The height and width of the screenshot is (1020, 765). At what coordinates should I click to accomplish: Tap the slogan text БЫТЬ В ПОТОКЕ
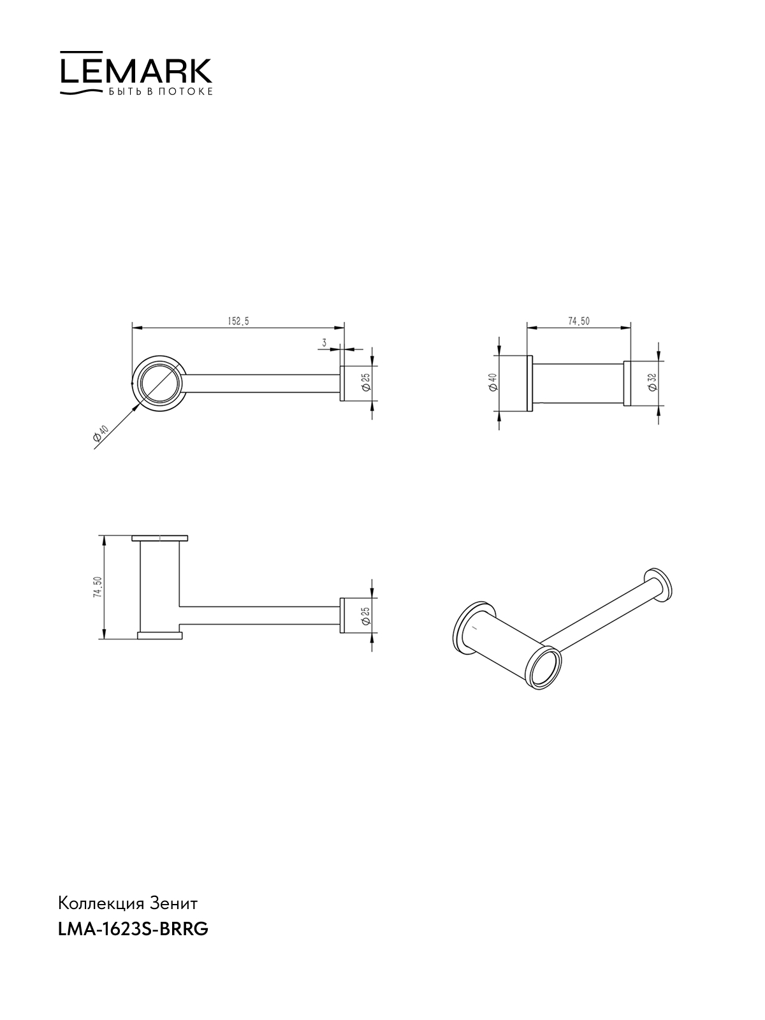(x=161, y=92)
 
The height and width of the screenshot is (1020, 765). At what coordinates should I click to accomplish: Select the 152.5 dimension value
(x=238, y=321)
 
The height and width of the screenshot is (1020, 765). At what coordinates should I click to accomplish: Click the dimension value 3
(x=324, y=342)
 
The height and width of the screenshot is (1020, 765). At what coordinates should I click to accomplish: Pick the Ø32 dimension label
(x=653, y=383)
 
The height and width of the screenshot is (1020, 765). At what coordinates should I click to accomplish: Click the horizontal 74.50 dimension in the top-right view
(x=579, y=321)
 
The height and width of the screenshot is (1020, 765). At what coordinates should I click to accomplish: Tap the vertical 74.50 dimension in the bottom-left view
(x=97, y=587)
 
